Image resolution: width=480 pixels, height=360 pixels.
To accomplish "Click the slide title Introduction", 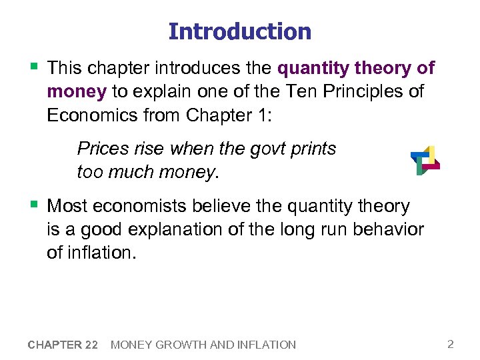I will click(239, 31).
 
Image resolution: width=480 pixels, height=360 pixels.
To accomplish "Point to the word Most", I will click(67, 206).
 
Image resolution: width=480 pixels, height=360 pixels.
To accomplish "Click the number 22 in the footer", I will click(92, 345).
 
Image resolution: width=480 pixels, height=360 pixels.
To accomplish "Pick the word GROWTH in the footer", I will click(180, 345).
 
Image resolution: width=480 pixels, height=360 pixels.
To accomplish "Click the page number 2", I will click(451, 344).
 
